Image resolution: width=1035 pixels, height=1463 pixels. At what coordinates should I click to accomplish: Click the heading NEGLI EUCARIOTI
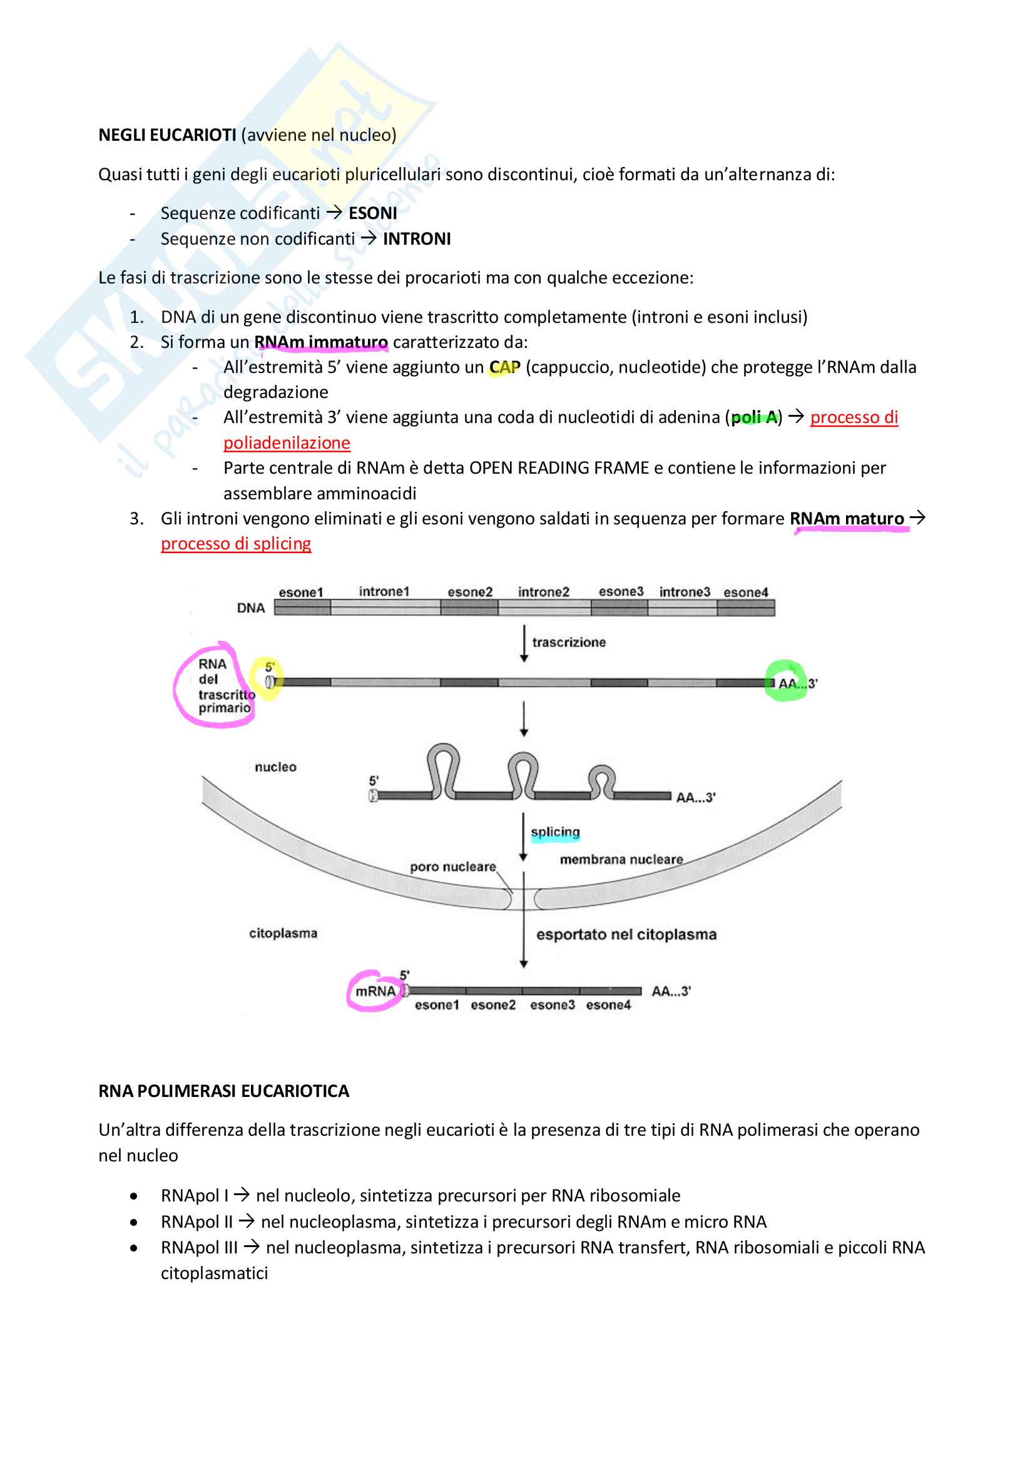point(167,135)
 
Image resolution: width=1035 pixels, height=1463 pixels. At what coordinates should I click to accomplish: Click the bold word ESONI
point(372,213)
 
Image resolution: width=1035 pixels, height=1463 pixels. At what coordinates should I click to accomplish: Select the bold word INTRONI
point(416,239)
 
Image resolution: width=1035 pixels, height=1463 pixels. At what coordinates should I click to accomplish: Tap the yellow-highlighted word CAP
point(504,368)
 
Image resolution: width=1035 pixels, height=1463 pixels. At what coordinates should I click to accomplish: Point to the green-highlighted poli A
point(754,417)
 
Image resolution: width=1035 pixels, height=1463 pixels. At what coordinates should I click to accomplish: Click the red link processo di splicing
point(236,544)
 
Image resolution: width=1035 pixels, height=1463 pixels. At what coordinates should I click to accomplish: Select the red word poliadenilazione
point(287,443)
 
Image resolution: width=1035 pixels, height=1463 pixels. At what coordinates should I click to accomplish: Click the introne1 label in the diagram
point(384,591)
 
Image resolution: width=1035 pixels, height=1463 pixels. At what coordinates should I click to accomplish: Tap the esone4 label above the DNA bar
point(745,592)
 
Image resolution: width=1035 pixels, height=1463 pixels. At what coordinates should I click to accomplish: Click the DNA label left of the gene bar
point(250,608)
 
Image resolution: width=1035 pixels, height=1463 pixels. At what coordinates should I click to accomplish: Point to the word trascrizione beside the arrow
point(568,642)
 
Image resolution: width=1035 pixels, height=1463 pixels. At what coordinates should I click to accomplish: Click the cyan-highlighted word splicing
point(555,832)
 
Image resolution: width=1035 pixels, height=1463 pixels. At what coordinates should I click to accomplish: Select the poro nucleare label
point(452,867)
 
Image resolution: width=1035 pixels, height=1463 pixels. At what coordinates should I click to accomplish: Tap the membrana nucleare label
point(621,860)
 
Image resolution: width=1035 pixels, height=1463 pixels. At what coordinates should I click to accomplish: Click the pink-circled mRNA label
point(375,991)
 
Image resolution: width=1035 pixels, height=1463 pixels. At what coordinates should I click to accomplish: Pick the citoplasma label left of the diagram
point(283,934)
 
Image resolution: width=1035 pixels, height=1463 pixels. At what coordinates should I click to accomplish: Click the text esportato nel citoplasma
point(626,935)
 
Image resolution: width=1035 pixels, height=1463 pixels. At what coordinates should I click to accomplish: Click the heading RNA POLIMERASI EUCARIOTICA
point(223,1091)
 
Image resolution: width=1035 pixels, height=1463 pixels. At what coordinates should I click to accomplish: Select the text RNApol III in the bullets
point(199,1247)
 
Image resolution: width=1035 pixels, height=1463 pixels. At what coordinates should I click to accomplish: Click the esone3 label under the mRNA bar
point(552,1005)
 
